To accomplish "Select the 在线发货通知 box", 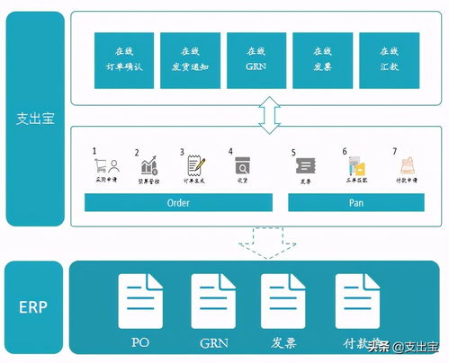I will [190, 60].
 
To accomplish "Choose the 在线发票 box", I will [322, 60].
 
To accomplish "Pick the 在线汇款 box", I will [389, 60].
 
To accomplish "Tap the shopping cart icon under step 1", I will [107, 166].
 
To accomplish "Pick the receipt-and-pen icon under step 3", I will [194, 165].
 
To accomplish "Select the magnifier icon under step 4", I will [242, 166].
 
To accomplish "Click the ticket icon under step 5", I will [307, 166].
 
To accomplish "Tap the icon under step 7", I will [403, 166].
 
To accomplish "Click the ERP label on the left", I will [32, 305].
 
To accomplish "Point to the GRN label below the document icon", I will [213, 342].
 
